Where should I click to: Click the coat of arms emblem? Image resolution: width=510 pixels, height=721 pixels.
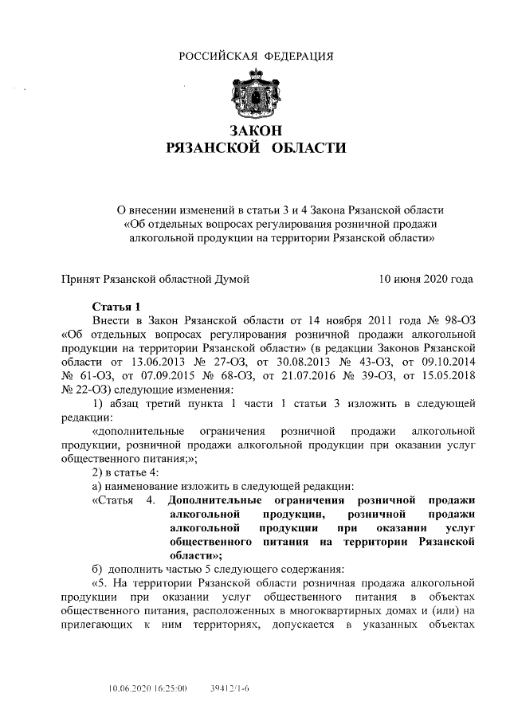(x=255, y=93)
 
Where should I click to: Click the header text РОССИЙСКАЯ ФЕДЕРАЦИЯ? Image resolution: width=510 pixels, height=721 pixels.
(x=255, y=56)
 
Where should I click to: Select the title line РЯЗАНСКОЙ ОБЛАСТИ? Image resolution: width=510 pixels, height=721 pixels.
(x=255, y=148)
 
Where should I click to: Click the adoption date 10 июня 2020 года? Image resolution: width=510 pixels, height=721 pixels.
(x=426, y=279)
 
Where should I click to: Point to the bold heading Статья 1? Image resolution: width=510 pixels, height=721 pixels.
(x=116, y=305)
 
